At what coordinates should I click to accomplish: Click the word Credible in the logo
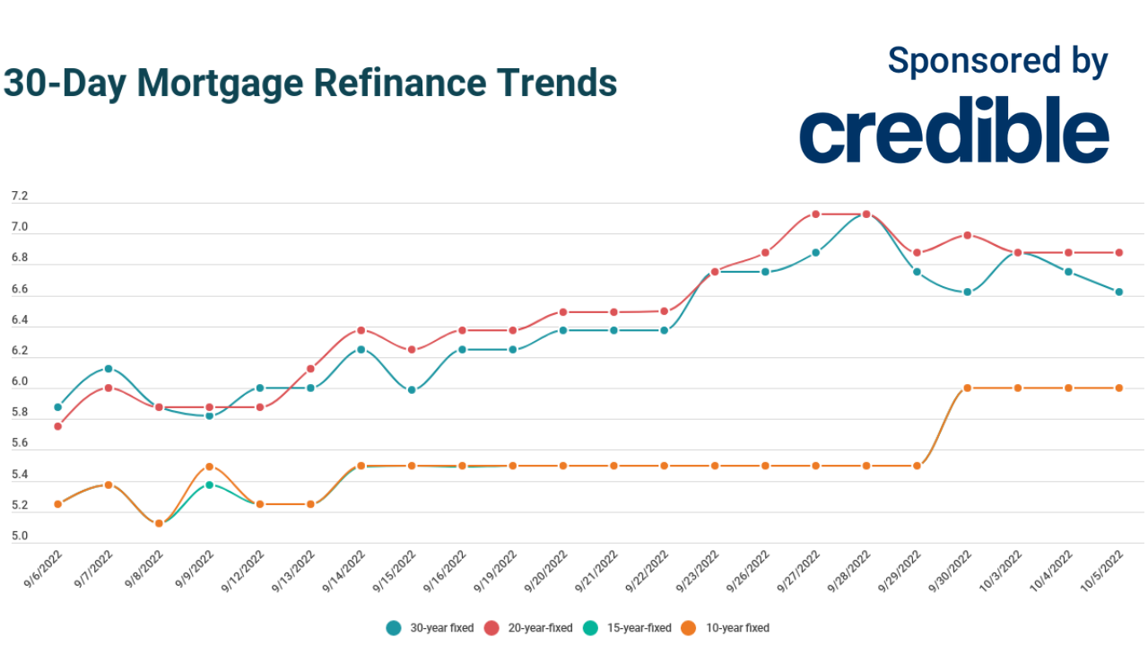click(x=953, y=132)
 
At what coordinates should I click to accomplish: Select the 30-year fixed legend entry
click(x=430, y=628)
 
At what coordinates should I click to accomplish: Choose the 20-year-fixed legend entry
click(x=528, y=628)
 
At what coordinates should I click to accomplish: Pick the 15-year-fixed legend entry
click(x=627, y=628)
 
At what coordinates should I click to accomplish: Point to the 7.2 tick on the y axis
click(x=19, y=196)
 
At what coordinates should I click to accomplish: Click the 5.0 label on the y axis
click(x=19, y=537)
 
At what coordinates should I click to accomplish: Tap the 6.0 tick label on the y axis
click(x=19, y=382)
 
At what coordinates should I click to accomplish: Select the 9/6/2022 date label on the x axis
click(x=42, y=567)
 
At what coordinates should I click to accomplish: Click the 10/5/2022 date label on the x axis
click(x=1102, y=567)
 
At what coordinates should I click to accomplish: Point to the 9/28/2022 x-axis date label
click(x=850, y=567)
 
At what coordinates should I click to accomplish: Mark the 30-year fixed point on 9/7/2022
click(x=109, y=369)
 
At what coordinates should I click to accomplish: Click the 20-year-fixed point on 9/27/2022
click(x=816, y=214)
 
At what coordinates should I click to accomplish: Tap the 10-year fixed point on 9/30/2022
click(x=968, y=388)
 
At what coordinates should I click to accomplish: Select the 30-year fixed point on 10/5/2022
click(x=1119, y=292)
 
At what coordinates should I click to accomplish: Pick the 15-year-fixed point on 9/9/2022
click(x=210, y=484)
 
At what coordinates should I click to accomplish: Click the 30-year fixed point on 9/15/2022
click(x=412, y=389)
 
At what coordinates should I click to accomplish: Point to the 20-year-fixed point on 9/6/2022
click(x=58, y=426)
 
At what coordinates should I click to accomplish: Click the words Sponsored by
click(x=997, y=61)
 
